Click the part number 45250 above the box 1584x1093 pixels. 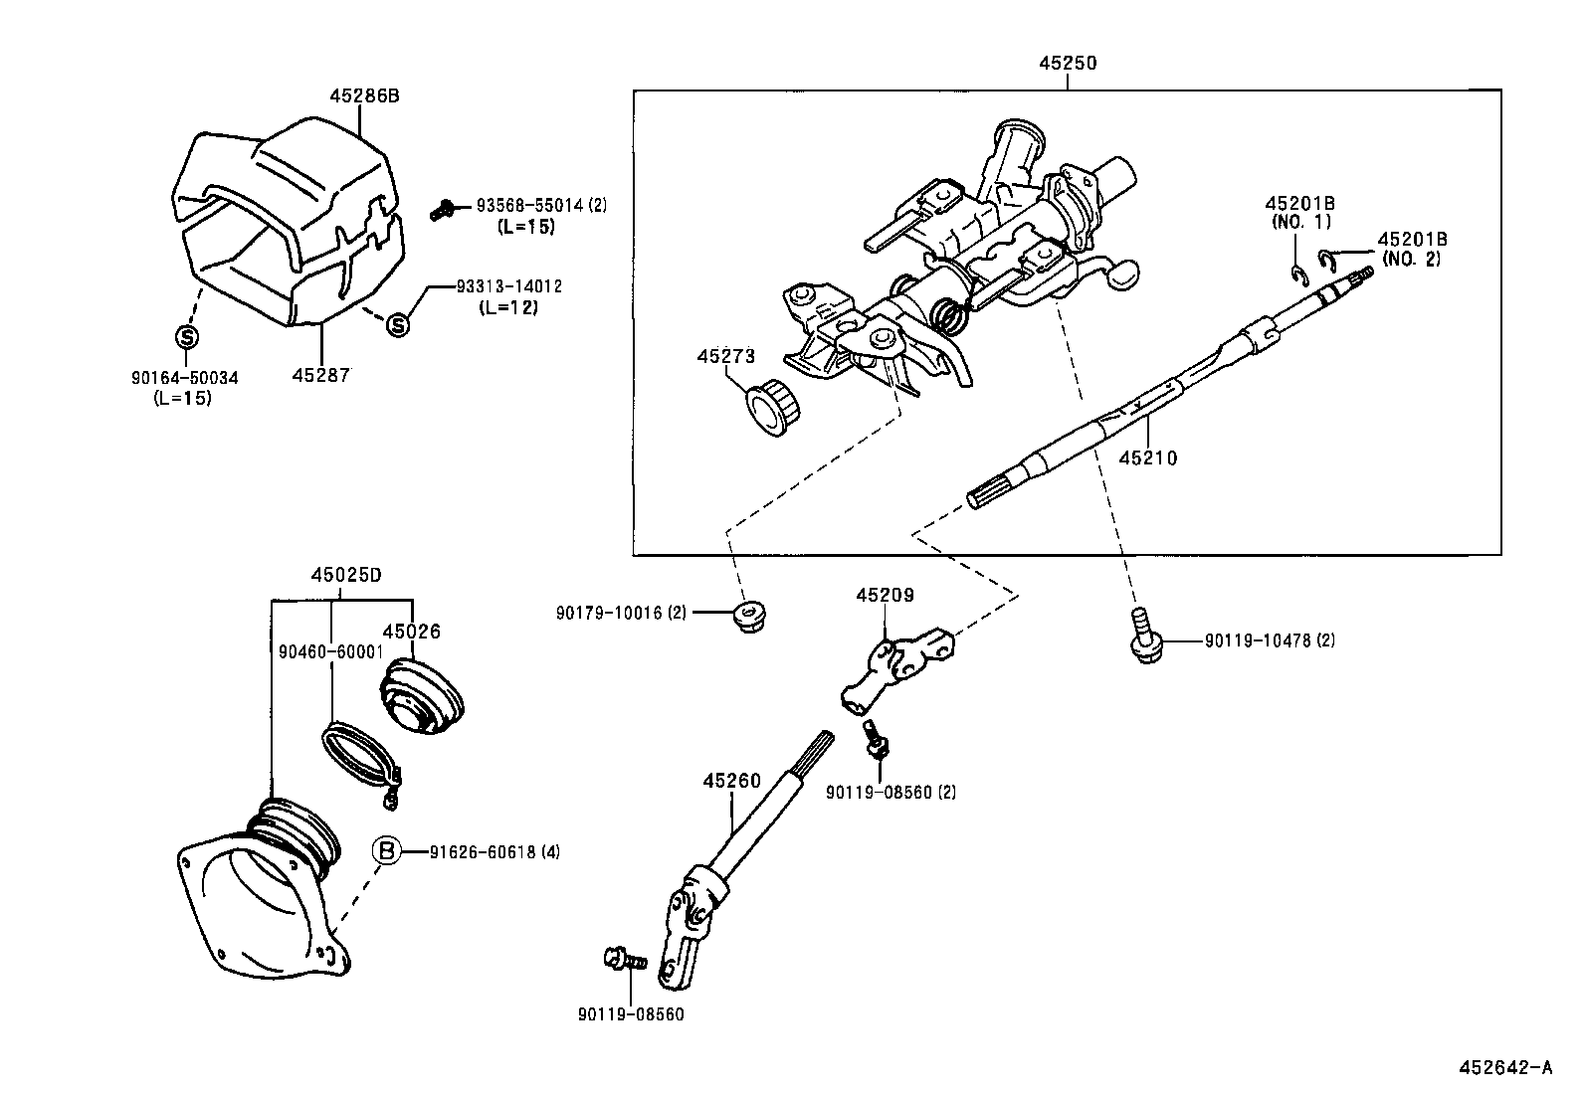pos(1068,63)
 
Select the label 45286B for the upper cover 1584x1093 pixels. pos(364,95)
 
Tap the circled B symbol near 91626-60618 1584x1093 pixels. pos(387,851)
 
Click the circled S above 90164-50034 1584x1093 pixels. pos(186,336)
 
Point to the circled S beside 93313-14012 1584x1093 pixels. pos(397,323)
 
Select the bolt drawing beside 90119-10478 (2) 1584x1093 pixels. pos(1142,638)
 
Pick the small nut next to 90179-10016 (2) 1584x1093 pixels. pos(747,618)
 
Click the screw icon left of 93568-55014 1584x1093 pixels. pos(443,209)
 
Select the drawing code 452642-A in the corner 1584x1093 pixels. pos(1504,1068)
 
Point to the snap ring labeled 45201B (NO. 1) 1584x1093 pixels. pos(1297,274)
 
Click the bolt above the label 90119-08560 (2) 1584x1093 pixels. pos(876,741)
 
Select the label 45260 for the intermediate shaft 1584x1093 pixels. pos(731,781)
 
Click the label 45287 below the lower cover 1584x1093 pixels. pos(322,375)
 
